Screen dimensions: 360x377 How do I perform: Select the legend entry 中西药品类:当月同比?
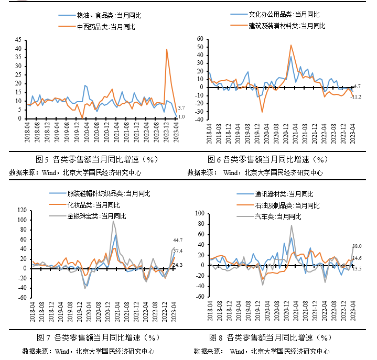click(x=106, y=26)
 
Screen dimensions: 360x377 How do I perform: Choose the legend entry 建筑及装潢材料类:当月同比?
click(x=287, y=25)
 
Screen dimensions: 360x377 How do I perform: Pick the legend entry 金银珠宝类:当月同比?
click(x=96, y=215)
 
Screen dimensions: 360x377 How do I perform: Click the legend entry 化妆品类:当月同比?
click(x=93, y=204)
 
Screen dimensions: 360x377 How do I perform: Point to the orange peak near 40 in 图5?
click(x=167, y=49)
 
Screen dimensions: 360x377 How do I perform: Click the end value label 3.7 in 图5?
click(x=181, y=107)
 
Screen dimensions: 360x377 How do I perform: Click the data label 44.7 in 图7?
click(x=178, y=240)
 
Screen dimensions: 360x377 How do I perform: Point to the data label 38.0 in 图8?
click(x=357, y=246)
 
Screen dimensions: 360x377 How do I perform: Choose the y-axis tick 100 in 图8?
click(x=200, y=213)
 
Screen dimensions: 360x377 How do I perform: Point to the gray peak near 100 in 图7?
click(x=113, y=221)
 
